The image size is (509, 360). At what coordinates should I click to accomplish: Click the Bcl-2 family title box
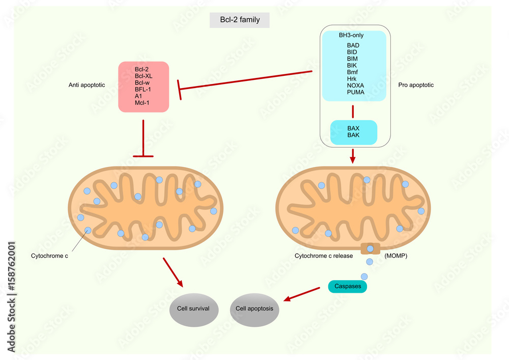[x=240, y=20]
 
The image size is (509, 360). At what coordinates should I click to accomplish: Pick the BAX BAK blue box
[x=353, y=132]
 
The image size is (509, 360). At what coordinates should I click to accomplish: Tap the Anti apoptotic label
[x=87, y=85]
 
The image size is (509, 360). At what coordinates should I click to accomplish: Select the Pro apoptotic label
[x=416, y=85]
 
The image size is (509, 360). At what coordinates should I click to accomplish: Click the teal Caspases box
[x=347, y=287]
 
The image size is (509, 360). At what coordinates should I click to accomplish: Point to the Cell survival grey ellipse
[x=193, y=309]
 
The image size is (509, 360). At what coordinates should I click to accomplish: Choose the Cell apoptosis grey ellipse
[x=254, y=309]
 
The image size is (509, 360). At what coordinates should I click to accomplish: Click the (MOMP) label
[x=395, y=256]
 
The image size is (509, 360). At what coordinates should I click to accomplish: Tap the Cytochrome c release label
[x=323, y=256]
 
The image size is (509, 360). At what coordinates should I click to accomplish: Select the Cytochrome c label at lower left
[x=49, y=256]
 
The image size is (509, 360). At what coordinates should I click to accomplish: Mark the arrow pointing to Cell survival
[x=174, y=272]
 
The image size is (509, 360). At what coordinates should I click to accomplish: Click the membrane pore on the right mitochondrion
[x=370, y=249]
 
